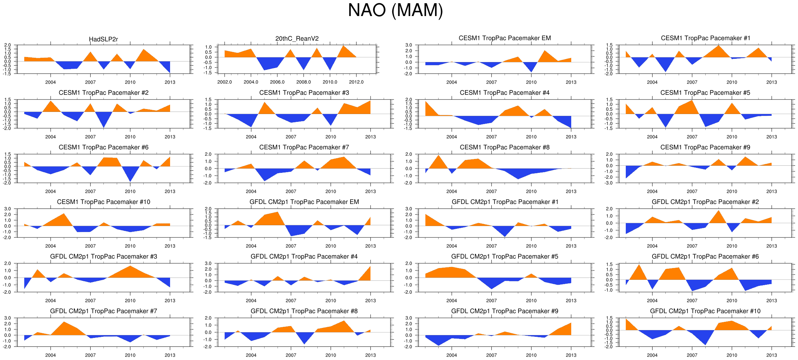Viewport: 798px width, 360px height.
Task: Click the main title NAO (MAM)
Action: [x=395, y=10]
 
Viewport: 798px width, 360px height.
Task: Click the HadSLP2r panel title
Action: [x=103, y=39]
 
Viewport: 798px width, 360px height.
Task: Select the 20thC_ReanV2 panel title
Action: [x=297, y=38]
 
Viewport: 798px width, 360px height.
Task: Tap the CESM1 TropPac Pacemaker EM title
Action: [x=505, y=38]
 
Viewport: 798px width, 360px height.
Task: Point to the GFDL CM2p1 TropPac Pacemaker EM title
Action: [x=304, y=202]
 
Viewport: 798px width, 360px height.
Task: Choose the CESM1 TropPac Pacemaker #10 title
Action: [x=103, y=202]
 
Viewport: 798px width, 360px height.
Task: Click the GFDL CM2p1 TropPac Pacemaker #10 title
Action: [x=705, y=311]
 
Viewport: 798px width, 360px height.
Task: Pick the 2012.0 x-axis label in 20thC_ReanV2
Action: [x=356, y=82]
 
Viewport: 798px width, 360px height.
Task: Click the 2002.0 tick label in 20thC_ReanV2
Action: [x=224, y=82]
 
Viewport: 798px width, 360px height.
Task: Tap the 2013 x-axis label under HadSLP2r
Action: [x=170, y=82]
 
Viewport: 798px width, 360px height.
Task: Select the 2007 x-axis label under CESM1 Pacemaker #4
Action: [x=491, y=137]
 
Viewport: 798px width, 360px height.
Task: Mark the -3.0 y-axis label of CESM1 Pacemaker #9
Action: [x=609, y=183]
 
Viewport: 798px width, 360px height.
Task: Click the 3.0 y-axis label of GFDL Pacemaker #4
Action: [x=208, y=263]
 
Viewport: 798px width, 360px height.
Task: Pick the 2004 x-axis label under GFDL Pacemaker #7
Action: [x=50, y=355]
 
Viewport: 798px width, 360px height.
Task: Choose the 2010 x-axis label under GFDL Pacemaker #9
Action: [x=531, y=355]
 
